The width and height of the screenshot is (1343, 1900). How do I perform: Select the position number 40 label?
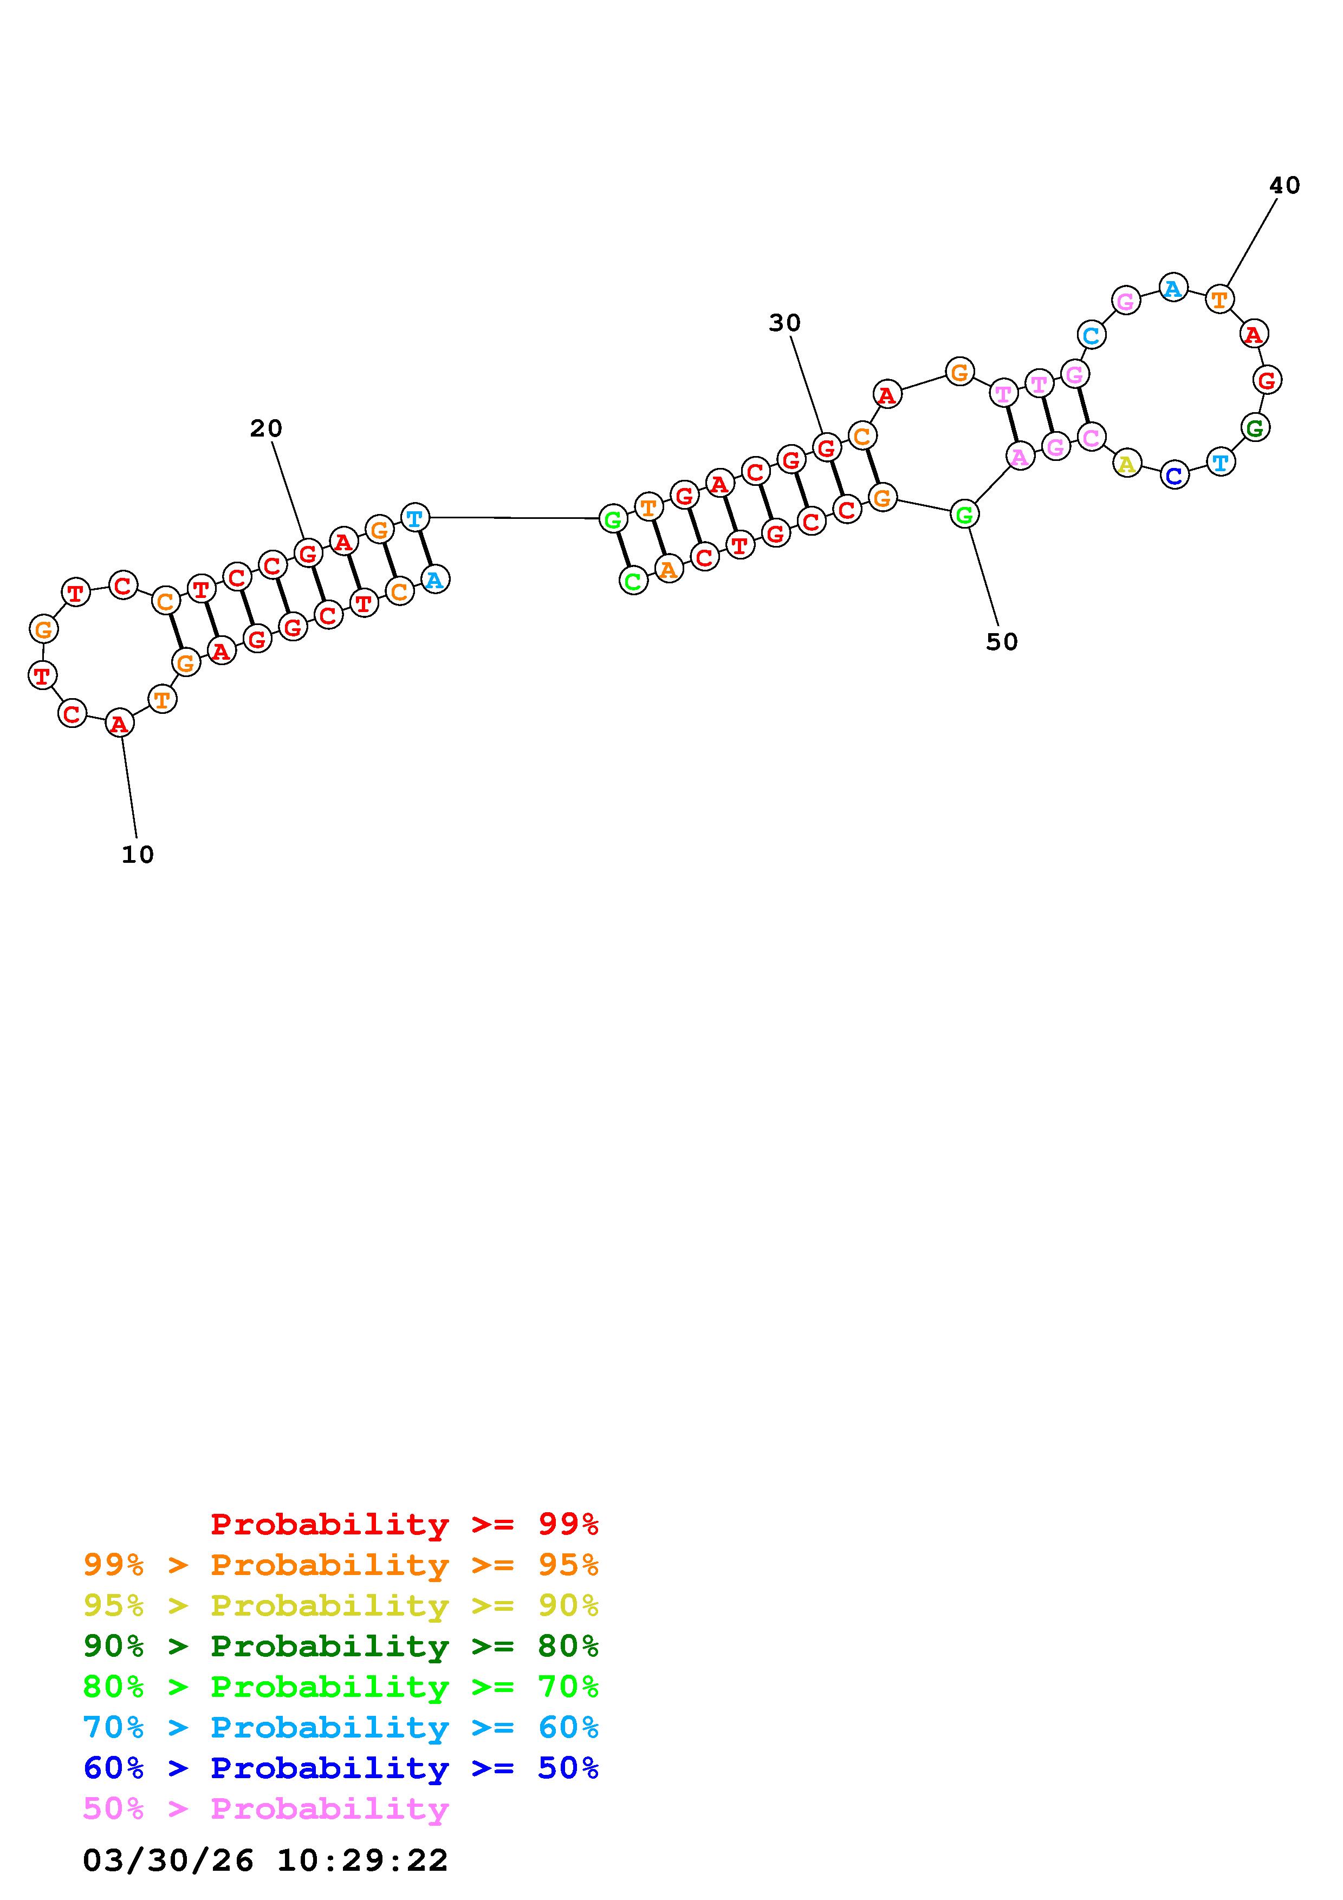coord(1284,185)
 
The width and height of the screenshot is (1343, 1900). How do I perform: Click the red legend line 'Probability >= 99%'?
coord(405,1524)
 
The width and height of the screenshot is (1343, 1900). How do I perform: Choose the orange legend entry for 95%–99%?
coord(341,1565)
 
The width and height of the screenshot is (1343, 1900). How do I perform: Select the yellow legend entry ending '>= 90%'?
coord(341,1605)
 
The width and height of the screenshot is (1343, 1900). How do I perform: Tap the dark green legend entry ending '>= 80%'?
coord(341,1646)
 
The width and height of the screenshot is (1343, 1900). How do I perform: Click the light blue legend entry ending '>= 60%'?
coord(341,1727)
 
